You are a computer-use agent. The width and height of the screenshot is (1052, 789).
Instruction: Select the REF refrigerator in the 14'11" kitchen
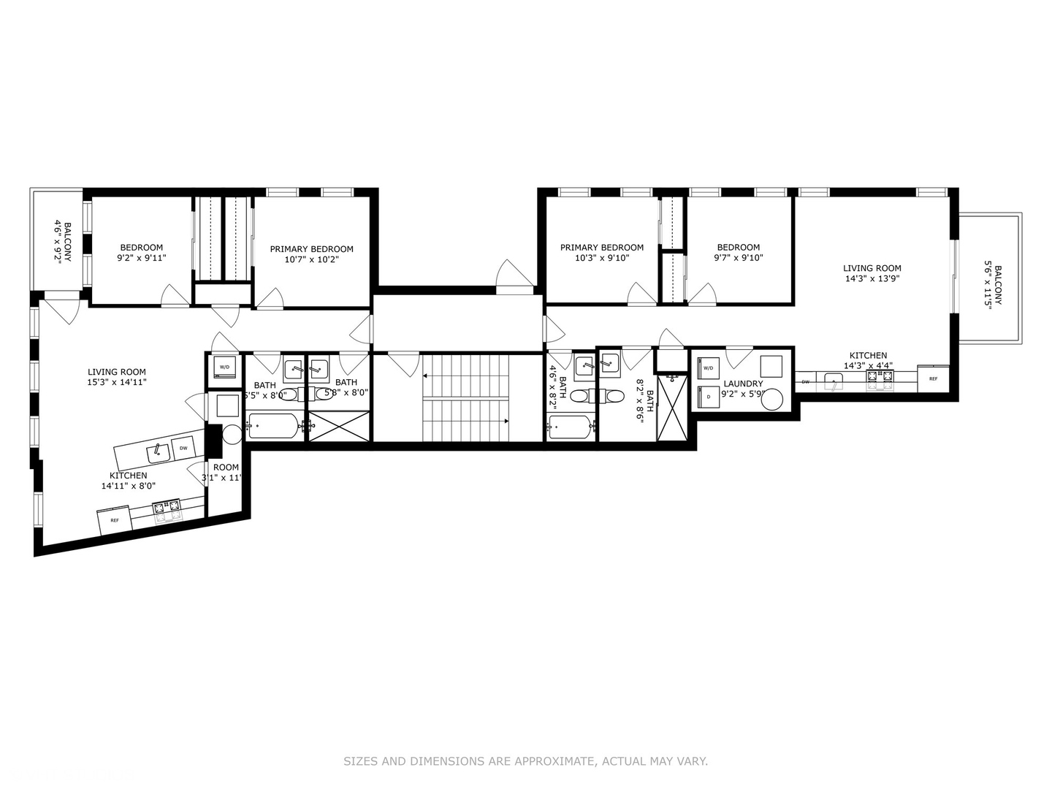114,520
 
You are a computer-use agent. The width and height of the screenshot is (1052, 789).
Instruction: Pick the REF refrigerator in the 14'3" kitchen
933,379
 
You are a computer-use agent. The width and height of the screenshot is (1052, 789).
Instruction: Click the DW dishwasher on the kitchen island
183,449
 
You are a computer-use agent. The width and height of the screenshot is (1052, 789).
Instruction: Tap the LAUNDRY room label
743,384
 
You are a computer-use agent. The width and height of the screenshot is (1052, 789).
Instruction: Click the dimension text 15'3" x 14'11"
117,382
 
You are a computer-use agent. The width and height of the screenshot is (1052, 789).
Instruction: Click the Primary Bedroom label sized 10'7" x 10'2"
311,249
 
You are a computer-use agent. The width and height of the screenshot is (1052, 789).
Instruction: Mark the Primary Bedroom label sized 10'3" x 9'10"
601,248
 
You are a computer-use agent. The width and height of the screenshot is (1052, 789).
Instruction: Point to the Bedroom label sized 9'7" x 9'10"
738,248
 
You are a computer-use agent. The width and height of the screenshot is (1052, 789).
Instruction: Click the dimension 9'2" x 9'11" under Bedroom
142,258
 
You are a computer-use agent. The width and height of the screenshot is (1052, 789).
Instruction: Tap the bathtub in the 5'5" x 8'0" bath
272,425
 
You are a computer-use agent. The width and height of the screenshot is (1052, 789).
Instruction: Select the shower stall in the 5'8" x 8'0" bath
338,426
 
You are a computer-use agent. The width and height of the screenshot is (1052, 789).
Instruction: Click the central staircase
465,398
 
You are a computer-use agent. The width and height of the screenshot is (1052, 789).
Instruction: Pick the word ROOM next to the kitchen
226,468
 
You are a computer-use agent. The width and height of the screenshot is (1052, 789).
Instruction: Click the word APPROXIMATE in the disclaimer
554,761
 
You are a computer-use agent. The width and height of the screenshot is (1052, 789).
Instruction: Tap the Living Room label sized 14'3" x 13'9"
872,268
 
